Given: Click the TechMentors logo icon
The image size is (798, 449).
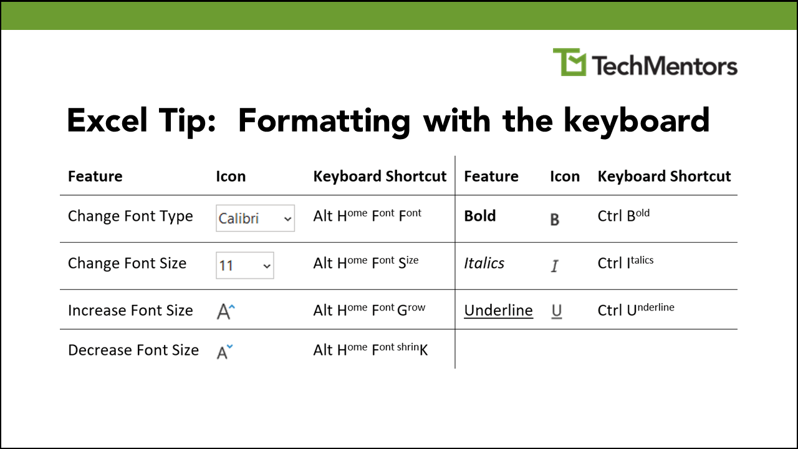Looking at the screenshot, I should (x=569, y=62).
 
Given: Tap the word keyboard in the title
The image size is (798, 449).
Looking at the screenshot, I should (x=637, y=120).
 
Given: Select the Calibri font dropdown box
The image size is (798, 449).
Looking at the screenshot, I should (x=255, y=218).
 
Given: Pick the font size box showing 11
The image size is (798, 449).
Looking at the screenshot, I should (x=244, y=266).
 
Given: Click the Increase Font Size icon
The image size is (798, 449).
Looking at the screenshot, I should (x=225, y=311).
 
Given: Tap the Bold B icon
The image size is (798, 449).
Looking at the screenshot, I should (x=555, y=220).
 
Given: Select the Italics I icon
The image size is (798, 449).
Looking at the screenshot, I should (x=555, y=266).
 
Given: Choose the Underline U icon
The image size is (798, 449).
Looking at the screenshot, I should (x=557, y=311).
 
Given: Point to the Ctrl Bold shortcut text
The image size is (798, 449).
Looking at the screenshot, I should (x=623, y=216).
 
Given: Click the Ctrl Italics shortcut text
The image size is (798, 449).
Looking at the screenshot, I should (x=625, y=263).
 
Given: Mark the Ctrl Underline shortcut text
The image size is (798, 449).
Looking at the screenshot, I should (x=636, y=310).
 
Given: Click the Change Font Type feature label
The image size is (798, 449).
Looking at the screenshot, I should (x=130, y=216).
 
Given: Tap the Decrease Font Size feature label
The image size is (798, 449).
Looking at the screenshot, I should (x=133, y=350).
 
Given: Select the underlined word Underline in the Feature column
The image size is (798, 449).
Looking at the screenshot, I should (x=498, y=311).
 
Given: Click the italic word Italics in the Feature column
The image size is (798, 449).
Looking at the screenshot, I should (x=484, y=263).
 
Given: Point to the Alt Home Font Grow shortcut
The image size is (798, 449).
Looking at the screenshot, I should (x=369, y=310).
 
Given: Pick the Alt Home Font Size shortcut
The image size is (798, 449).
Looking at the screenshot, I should (x=366, y=263).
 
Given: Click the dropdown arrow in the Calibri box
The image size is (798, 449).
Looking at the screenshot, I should (x=287, y=219).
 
